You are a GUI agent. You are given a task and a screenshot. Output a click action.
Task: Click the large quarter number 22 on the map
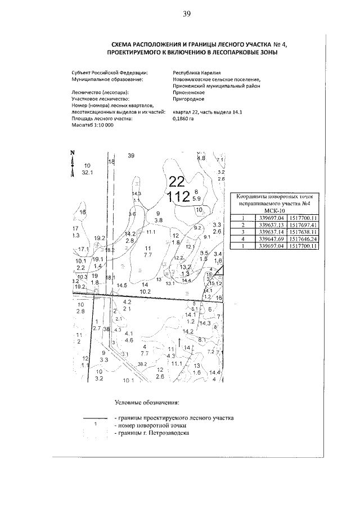tap(176, 181)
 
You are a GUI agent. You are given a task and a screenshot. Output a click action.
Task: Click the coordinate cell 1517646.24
tap(303, 238)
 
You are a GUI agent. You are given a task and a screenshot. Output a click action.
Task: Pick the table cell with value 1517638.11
tap(303, 232)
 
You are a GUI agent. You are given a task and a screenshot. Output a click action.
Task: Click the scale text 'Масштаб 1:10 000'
tap(93, 125)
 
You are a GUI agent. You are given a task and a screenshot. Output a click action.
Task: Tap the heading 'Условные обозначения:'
tap(147, 402)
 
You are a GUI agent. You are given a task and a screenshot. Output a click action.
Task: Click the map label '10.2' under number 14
tap(145, 291)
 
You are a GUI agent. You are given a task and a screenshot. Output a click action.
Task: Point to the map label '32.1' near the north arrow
tap(87, 173)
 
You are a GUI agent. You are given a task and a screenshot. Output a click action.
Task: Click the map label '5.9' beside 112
tap(196, 198)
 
